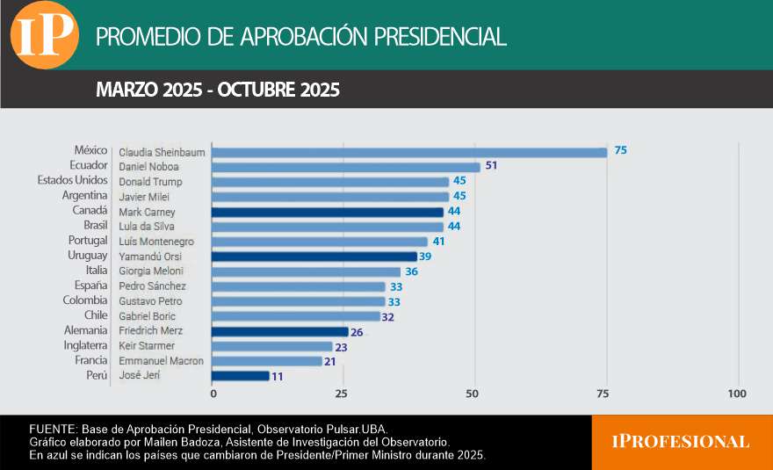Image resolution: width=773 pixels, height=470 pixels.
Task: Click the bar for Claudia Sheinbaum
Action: (x=409, y=152)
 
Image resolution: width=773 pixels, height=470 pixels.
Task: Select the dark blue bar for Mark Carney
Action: (x=328, y=212)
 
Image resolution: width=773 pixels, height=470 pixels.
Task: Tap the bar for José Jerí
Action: (x=241, y=376)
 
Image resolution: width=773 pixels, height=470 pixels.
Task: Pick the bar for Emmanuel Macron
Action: (x=267, y=361)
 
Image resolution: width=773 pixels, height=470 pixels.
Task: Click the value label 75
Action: (x=620, y=150)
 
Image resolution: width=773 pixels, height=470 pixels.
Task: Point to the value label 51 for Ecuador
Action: (x=491, y=166)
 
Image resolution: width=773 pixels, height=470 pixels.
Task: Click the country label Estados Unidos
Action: (x=72, y=180)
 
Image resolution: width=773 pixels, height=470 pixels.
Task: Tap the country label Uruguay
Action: (x=87, y=255)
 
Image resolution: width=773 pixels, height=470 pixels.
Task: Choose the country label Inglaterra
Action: (x=85, y=345)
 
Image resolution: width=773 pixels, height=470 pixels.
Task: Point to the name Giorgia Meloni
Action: (x=150, y=271)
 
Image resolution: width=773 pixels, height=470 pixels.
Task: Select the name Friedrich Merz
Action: (x=150, y=331)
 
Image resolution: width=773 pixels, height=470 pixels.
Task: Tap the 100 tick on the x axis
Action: (x=737, y=393)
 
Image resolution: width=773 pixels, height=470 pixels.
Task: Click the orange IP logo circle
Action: (x=44, y=36)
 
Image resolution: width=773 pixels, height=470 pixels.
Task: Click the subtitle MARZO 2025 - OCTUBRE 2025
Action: (x=217, y=90)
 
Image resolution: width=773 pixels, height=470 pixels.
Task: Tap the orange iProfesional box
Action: (x=681, y=442)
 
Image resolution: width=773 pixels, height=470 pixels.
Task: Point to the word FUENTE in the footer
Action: (x=52, y=428)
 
